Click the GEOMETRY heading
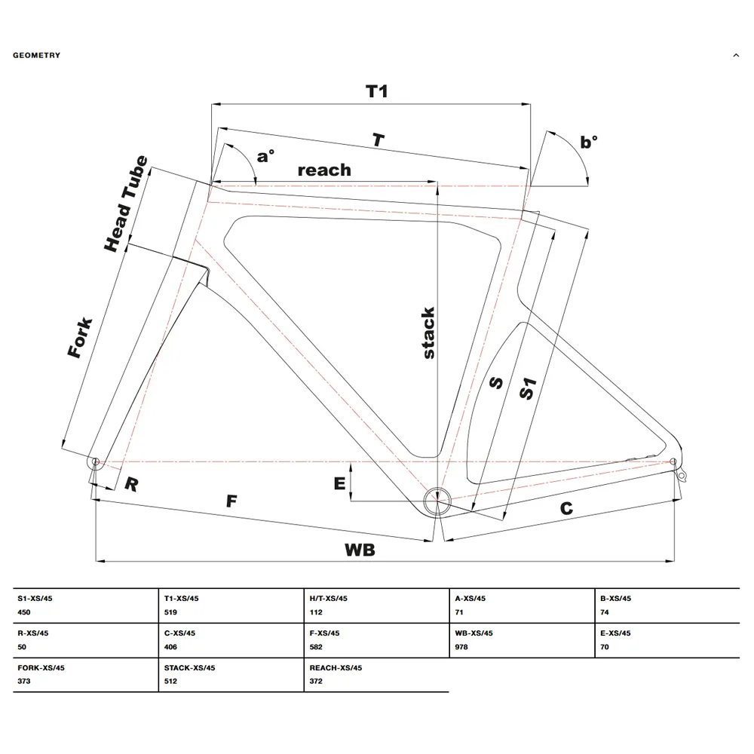coord(36,55)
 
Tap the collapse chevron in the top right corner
coord(736,55)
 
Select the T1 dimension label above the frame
coord(376,91)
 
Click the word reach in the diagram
coord(324,170)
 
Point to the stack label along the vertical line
coord(428,333)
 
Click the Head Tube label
coord(126,204)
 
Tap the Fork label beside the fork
coord(80,337)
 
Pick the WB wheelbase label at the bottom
coord(360,550)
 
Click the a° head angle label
coord(265,156)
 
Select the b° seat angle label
coord(589,142)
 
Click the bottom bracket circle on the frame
coord(437,501)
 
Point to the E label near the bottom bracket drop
coord(339,483)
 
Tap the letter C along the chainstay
coord(566,508)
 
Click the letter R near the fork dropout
coord(131,484)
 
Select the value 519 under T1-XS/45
coord(170,612)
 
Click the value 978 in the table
coord(461,647)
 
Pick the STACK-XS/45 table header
coord(189,667)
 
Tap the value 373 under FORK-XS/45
coord(24,681)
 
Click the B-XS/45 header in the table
coord(615,598)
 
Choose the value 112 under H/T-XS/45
coord(316,612)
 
